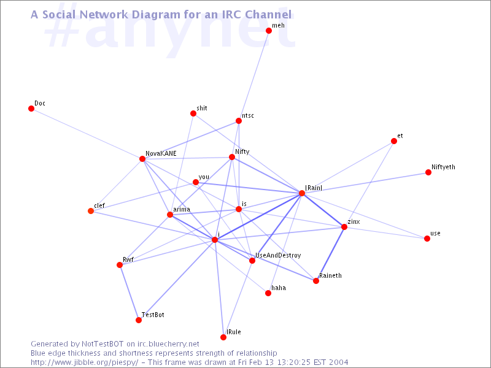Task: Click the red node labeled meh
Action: pos(269,31)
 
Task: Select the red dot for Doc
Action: pos(31,109)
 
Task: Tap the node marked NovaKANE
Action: pos(142,159)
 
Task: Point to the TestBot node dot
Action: pos(139,320)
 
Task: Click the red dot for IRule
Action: pos(223,337)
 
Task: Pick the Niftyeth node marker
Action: pos(428,172)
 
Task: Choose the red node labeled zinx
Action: pos(344,227)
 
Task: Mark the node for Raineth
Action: pos(316,281)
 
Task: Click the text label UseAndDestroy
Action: pos(278,256)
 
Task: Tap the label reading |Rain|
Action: pos(314,188)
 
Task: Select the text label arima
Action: pos(182,209)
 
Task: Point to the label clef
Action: pos(99,205)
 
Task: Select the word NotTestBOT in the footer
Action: pos(102,344)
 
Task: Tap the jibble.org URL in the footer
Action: pos(84,362)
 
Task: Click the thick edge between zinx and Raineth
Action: pos(330,254)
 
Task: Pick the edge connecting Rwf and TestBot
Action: pos(129,293)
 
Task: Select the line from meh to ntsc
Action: pos(253,75)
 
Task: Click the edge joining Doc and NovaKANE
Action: pos(87,134)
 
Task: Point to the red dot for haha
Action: pos(268,293)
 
